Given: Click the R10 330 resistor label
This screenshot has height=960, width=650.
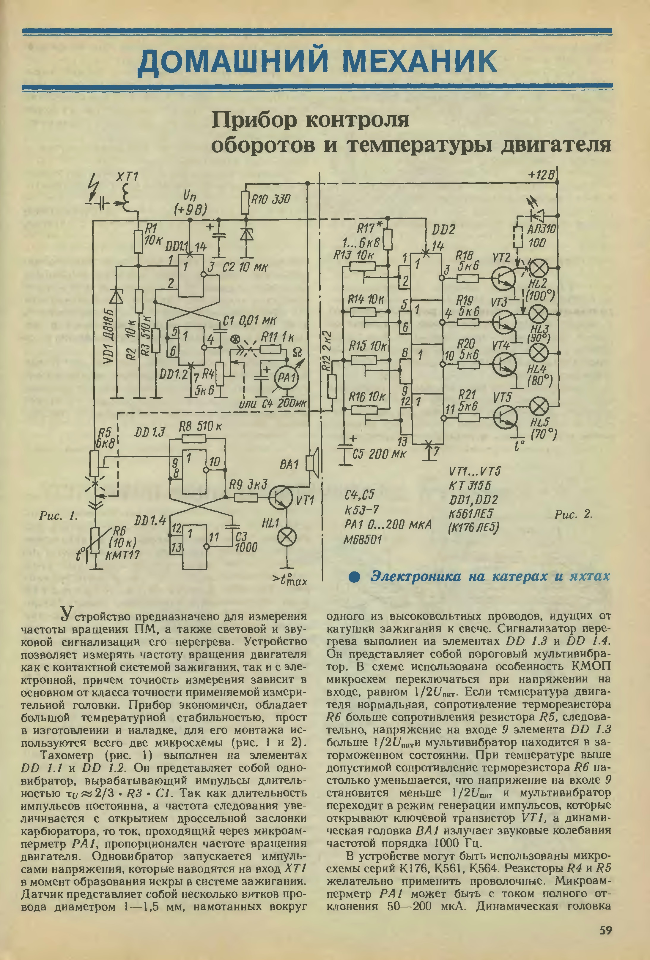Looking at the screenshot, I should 271,200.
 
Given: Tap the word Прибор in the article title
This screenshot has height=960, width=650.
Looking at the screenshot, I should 255,120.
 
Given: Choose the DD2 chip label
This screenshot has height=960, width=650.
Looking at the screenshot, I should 443,230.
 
